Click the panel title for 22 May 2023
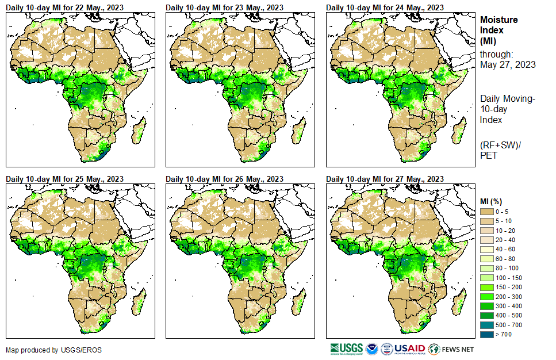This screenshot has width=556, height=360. [x=64, y=7]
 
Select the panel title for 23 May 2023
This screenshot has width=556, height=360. [x=224, y=7]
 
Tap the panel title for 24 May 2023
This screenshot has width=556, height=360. [x=385, y=7]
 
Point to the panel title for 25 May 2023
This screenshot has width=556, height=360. [x=64, y=179]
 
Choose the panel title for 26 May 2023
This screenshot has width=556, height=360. [x=224, y=179]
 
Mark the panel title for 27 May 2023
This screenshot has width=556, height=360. [x=385, y=179]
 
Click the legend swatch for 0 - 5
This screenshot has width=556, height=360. [x=486, y=212]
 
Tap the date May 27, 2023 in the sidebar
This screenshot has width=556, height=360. [x=508, y=64]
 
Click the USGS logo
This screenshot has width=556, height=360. [x=347, y=348]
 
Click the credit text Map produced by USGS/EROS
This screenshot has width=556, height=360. [x=40, y=350]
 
